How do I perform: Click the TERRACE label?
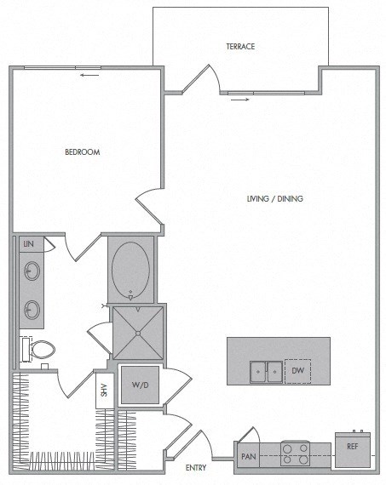[x=241, y=46]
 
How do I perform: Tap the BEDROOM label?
[x=83, y=152]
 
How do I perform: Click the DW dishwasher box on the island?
[x=297, y=371]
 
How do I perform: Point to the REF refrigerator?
[x=351, y=447]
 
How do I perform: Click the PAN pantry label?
[x=248, y=456]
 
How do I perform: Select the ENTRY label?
[x=196, y=468]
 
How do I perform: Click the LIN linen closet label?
[x=28, y=243]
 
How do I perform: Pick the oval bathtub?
[x=130, y=270]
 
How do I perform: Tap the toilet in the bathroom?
[x=39, y=348]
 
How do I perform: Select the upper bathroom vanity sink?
[x=32, y=272]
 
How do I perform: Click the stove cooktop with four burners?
[x=296, y=454]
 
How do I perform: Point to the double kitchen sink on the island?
[x=266, y=371]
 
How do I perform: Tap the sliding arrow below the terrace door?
[x=241, y=100]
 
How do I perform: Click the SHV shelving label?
[x=104, y=390]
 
